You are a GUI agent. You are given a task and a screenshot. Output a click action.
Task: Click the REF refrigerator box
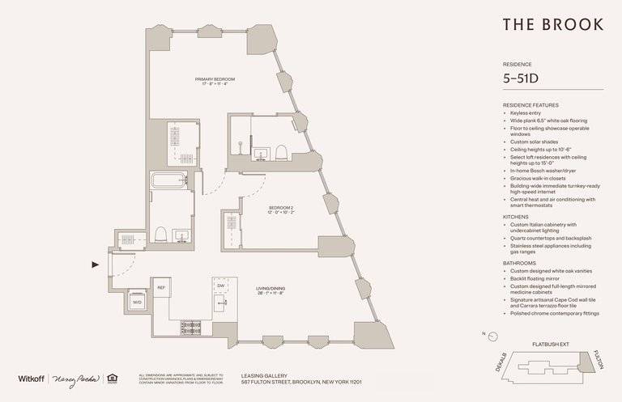point(160,287)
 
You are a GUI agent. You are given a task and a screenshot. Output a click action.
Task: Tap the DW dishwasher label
point(219,284)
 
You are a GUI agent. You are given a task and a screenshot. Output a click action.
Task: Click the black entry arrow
point(96,264)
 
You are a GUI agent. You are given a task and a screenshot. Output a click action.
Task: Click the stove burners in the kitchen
point(191,327)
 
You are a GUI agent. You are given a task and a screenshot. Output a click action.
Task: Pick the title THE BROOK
point(552,24)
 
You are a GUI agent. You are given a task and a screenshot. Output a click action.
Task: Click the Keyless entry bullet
point(526,113)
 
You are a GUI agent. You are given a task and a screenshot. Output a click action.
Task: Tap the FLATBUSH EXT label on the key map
point(551,345)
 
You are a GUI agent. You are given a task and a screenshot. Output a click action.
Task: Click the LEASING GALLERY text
point(263,374)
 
